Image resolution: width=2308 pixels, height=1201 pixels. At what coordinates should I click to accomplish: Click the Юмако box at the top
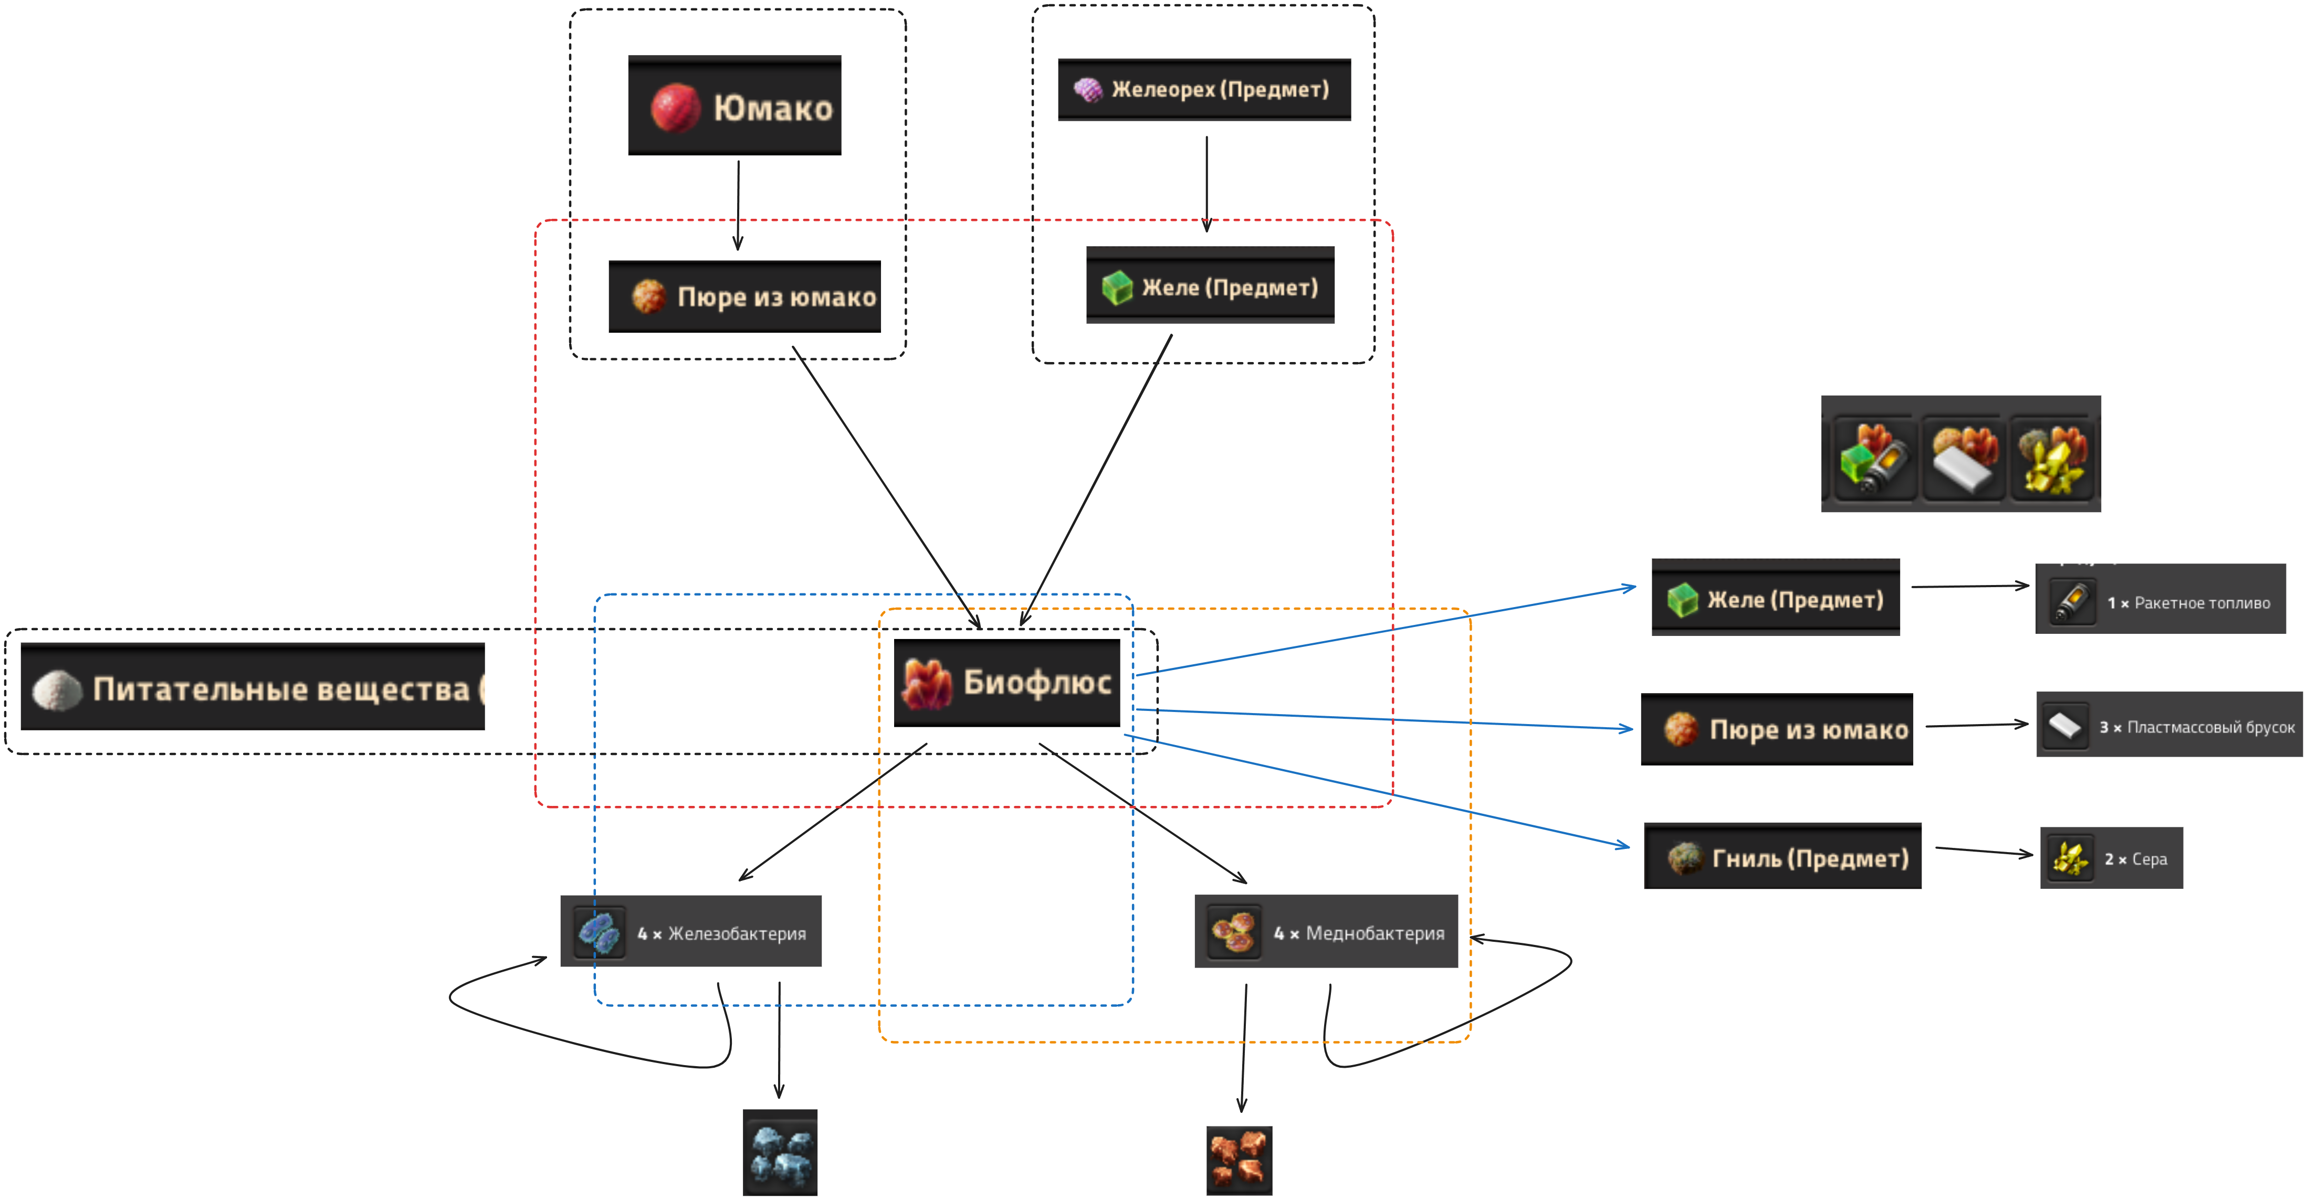click(735, 105)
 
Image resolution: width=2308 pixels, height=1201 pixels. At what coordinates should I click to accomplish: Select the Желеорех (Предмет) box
click(1204, 90)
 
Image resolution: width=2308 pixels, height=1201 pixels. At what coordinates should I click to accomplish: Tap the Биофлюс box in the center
click(1007, 683)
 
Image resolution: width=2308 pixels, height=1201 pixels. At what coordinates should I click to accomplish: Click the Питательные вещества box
click(253, 687)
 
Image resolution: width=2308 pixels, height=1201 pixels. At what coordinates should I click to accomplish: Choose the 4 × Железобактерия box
click(691, 931)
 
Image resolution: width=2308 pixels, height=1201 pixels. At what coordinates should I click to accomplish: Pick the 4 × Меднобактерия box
click(1326, 931)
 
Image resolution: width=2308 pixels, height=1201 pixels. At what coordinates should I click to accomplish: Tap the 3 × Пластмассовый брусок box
click(2169, 725)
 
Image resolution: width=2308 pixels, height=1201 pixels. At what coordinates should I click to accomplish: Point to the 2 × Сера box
click(2111, 858)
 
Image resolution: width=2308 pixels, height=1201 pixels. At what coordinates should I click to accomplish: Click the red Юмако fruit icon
click(675, 109)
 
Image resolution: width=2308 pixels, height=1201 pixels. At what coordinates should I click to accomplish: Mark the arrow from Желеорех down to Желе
click(1207, 184)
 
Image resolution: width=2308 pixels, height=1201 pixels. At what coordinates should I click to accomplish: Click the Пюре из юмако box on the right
click(1777, 729)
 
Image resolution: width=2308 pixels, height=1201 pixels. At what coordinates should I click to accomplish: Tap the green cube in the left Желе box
click(1117, 288)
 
